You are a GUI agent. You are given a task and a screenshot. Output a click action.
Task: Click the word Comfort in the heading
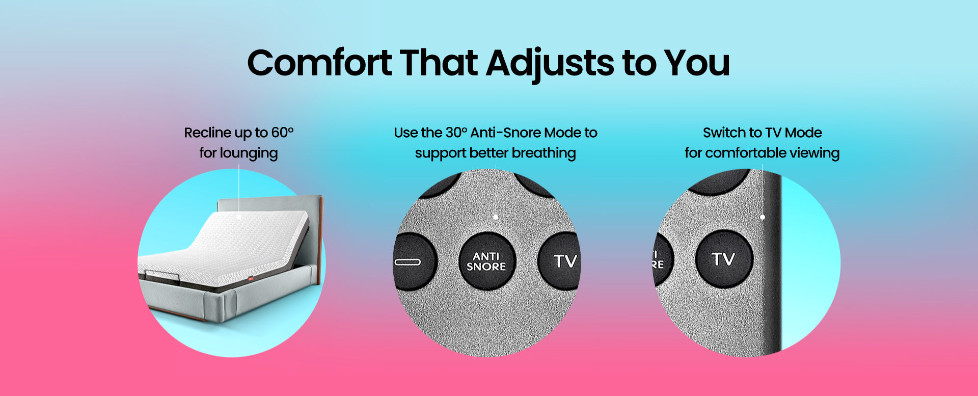[319, 63]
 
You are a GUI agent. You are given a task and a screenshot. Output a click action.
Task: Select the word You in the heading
[697, 63]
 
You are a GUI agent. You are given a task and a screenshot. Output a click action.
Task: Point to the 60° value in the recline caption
[282, 133]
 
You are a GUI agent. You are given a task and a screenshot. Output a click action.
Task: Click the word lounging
[249, 153]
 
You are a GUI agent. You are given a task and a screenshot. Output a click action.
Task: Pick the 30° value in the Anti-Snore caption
[456, 133]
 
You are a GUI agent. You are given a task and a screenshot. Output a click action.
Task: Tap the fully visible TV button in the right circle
[724, 259]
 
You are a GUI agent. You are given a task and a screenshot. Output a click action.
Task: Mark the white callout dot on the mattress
[239, 217]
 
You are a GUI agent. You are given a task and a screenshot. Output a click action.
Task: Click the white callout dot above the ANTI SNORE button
[496, 217]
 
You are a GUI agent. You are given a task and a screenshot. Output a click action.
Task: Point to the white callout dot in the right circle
[763, 217]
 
